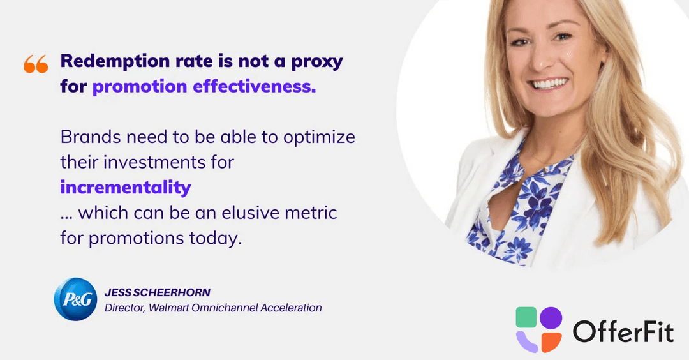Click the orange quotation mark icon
point(36,64)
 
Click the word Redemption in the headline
point(115,61)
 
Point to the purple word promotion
point(140,87)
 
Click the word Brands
point(91,137)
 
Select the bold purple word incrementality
point(126,188)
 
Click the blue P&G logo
point(75,299)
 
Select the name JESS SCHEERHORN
point(158,292)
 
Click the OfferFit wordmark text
point(623,331)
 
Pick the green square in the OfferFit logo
point(526,317)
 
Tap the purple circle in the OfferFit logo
point(551,318)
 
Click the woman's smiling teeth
point(549,84)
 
